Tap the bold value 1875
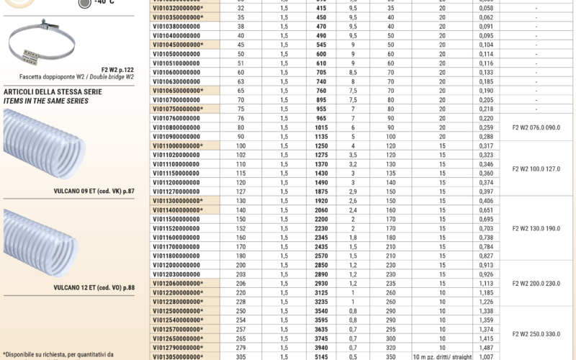pyautogui.click(x=321, y=192)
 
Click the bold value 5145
pyautogui.click(x=321, y=356)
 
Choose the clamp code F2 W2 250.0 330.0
pyautogui.click(x=536, y=333)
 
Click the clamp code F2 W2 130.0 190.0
pyautogui.click(x=536, y=228)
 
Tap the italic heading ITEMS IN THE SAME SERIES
pyautogui.click(x=46, y=102)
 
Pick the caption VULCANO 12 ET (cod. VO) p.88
pyautogui.click(x=91, y=287)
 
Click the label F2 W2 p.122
pyautogui.click(x=117, y=68)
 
